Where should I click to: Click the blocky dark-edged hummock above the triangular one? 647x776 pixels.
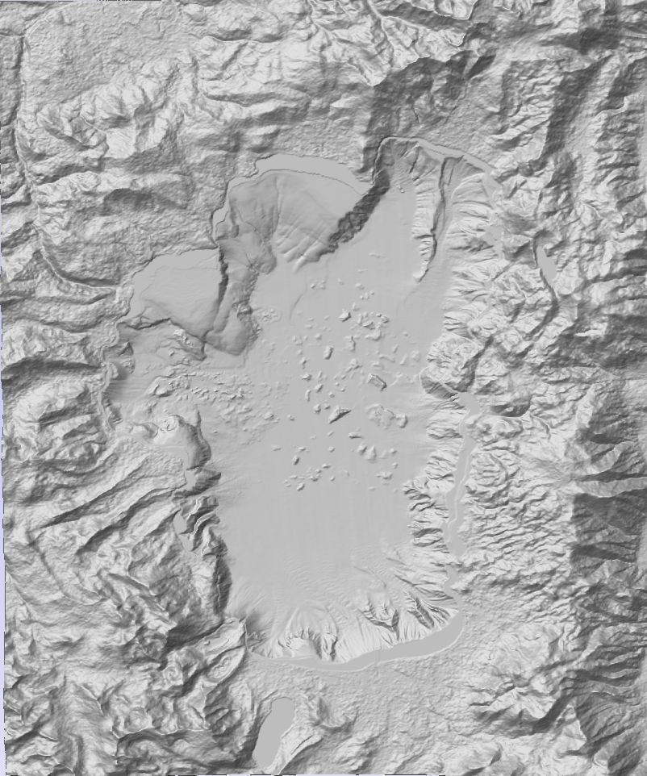[376, 379]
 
